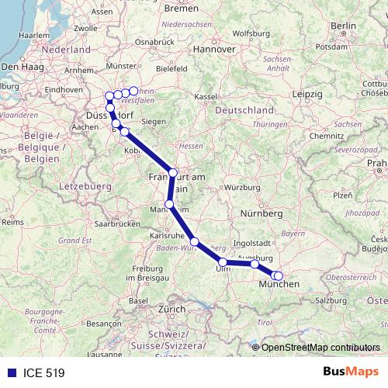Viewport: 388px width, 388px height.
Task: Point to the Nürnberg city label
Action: [x=262, y=213]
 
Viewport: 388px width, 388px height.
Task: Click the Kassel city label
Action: [x=205, y=96]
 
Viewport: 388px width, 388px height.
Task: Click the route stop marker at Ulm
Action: [x=223, y=262]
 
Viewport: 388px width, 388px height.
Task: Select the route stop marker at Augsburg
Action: [x=255, y=265]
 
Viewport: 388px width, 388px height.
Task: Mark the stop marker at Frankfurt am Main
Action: [x=173, y=172]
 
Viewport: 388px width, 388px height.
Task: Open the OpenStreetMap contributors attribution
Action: [x=320, y=348]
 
